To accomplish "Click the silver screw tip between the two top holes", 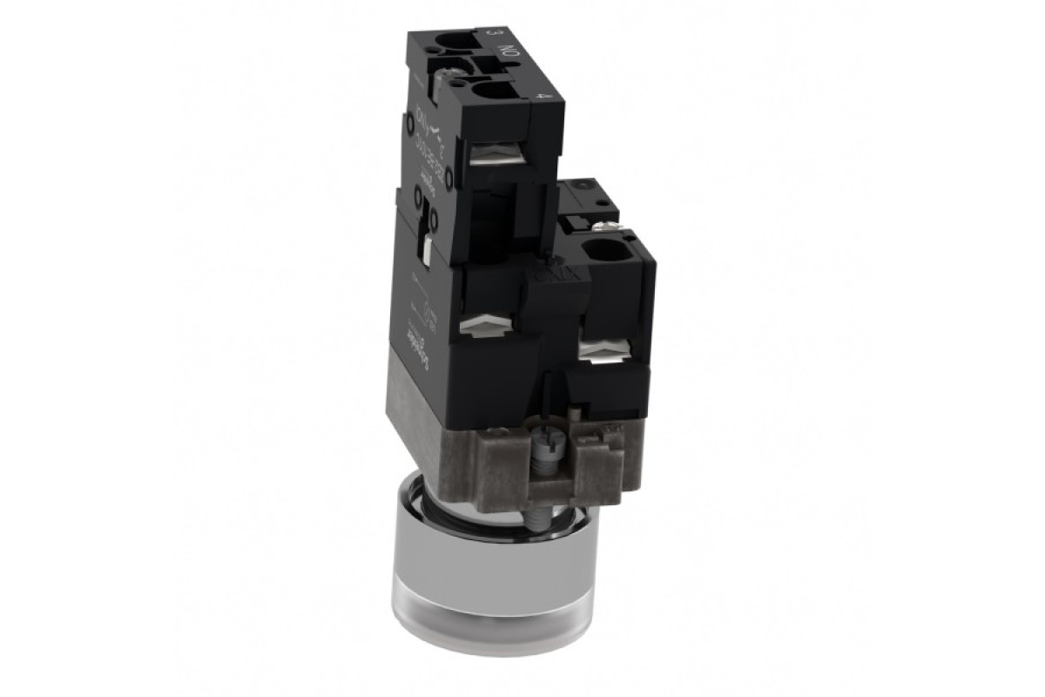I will click(455, 76).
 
